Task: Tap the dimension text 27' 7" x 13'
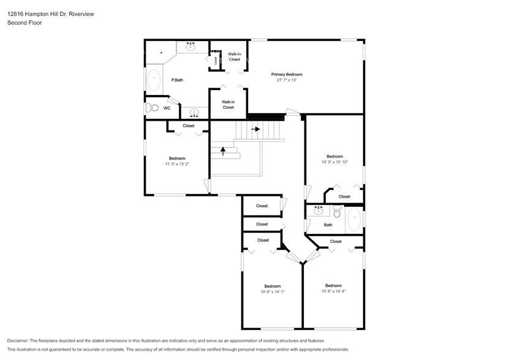pos(287,80)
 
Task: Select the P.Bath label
pos(178,80)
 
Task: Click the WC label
pos(167,108)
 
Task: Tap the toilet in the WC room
pos(152,108)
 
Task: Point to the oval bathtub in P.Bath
pos(153,80)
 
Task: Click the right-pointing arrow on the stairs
pos(255,129)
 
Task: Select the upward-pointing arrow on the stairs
pos(224,151)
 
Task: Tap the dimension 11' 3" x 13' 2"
pos(177,164)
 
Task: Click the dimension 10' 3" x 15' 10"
pos(334,162)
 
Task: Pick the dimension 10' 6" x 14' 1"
pos(273,292)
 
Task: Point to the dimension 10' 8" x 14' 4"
pos(333,291)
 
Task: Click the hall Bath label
pos(328,225)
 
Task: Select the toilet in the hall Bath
pos(336,212)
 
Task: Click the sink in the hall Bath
pos(318,210)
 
